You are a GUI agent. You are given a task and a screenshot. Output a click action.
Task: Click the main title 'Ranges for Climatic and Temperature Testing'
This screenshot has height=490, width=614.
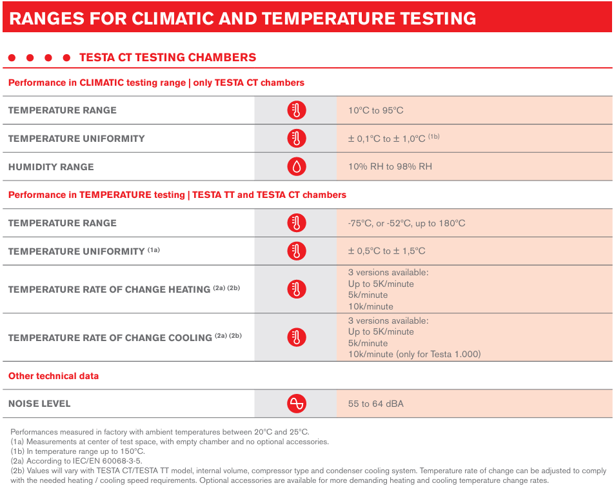[243, 19]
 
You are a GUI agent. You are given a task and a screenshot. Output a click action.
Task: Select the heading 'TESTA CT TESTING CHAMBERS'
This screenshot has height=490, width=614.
[168, 57]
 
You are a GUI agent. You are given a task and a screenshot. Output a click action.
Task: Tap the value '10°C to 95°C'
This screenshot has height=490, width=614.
[375, 110]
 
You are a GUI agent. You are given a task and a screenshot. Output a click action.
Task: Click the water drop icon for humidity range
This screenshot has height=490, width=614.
[297, 167]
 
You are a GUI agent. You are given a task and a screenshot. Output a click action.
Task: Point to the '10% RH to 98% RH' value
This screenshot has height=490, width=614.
[390, 167]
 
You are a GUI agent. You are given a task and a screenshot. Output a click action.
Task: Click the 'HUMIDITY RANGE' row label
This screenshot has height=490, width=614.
[51, 167]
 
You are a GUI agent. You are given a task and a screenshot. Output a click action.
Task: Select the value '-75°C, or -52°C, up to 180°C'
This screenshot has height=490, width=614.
[406, 223]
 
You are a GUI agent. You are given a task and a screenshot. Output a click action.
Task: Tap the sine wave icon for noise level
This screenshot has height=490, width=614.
[297, 404]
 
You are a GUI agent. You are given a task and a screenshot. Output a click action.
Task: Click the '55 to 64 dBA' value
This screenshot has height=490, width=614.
[375, 404]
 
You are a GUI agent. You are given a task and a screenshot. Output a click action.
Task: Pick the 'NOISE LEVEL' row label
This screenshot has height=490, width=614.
[39, 404]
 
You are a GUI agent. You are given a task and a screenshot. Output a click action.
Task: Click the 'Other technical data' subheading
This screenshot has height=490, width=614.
[54, 376]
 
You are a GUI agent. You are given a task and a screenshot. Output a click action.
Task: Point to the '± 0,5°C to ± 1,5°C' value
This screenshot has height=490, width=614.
[386, 251]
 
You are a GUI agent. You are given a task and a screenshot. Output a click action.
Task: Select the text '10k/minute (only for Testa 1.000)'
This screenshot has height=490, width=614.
[414, 354]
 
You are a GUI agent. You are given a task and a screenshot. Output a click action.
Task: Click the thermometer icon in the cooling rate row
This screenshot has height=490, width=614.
[297, 337]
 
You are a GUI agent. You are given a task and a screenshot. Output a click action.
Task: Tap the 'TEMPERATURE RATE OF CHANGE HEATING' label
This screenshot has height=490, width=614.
[109, 289]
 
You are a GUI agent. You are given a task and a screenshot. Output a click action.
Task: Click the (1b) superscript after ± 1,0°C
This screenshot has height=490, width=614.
[433, 137]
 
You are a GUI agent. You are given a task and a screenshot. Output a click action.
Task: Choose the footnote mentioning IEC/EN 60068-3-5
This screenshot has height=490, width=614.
[76, 461]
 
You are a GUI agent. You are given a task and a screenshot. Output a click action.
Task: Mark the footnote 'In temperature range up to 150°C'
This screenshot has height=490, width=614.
[77, 451]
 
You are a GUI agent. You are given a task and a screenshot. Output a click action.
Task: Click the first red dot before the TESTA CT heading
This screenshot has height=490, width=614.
[12, 58]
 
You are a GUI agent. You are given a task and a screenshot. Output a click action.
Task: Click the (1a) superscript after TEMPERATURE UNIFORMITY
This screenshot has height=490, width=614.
[153, 250]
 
